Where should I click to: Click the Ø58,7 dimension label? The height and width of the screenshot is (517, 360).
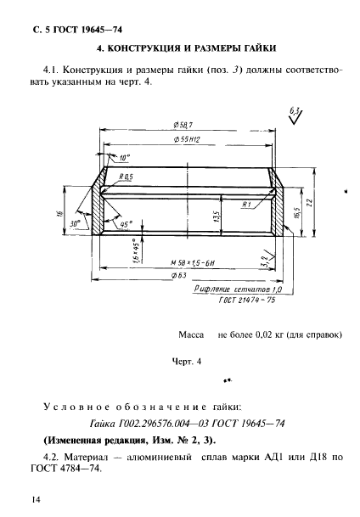click(x=183, y=125)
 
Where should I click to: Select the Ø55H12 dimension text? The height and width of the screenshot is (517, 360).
click(x=187, y=139)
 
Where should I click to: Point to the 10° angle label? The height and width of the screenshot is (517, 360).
click(x=125, y=158)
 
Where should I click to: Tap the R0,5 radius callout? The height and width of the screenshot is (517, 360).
click(x=126, y=177)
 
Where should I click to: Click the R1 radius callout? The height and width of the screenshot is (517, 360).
click(x=246, y=205)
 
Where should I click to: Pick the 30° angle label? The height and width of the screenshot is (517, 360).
click(x=75, y=224)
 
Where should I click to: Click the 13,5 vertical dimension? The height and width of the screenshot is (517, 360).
click(x=217, y=216)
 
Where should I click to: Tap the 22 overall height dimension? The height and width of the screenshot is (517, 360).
click(x=309, y=202)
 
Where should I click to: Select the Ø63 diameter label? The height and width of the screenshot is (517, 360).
click(x=179, y=275)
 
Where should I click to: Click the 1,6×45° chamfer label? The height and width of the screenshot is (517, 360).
click(x=136, y=250)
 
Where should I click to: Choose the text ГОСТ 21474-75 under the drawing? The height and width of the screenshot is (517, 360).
click(x=246, y=300)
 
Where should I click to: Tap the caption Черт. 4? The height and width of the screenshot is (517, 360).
click(x=187, y=362)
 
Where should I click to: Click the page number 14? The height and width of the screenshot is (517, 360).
click(x=36, y=499)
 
